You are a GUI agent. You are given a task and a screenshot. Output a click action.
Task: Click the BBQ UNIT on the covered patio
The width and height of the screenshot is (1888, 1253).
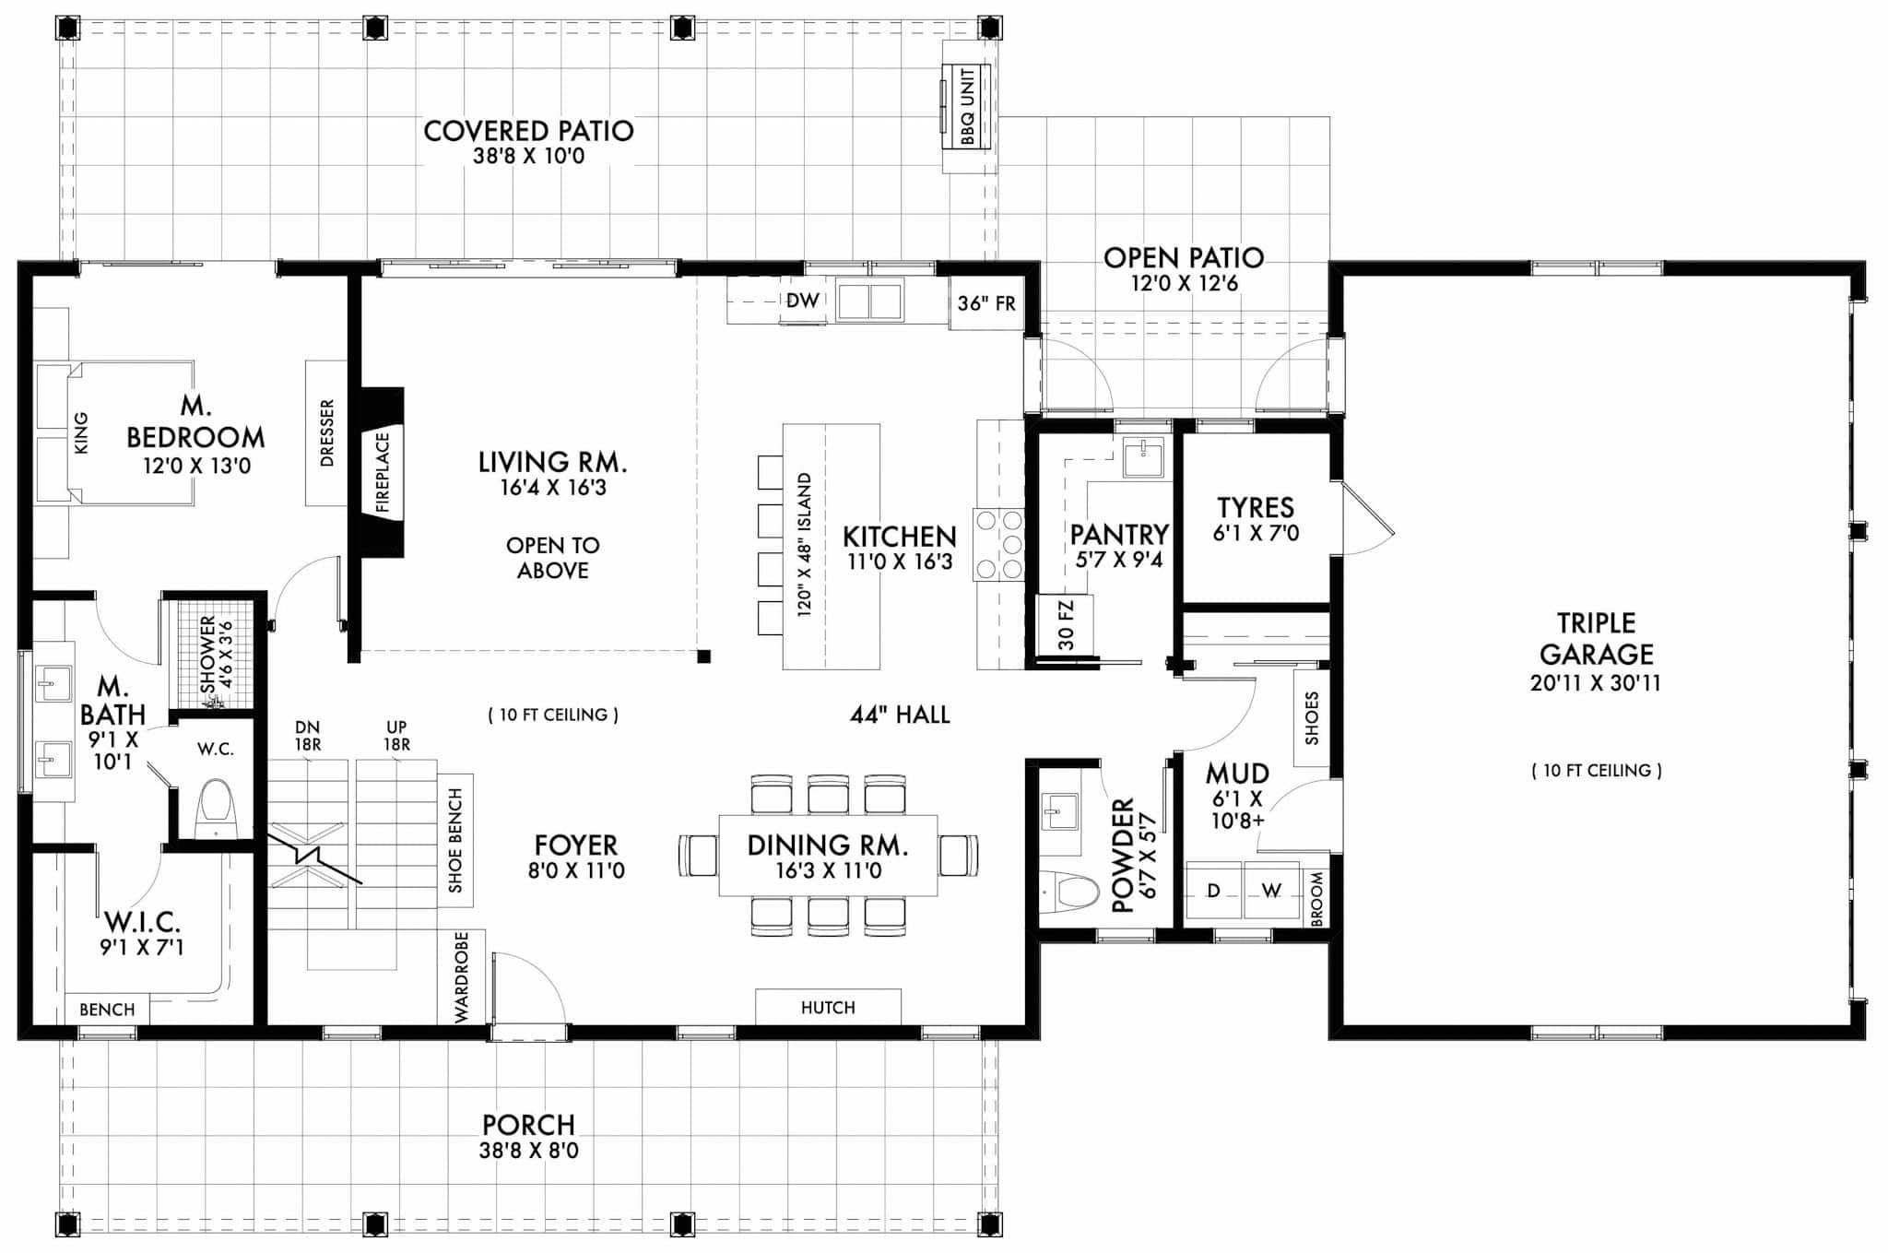pos(966,106)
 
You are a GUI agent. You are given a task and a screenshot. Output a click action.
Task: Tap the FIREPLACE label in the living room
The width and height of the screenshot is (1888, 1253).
pos(383,473)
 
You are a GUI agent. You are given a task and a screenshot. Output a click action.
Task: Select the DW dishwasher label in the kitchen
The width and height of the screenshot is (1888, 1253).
pos(802,301)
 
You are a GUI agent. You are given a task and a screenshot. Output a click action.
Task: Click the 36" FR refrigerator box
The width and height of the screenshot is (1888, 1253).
pos(985,303)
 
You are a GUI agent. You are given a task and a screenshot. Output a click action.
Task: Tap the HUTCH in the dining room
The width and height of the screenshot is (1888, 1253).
pos(827,1007)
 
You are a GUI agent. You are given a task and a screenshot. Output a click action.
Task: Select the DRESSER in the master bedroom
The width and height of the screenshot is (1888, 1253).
pos(326,432)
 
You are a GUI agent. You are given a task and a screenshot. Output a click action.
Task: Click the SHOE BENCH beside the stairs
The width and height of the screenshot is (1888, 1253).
pos(455,840)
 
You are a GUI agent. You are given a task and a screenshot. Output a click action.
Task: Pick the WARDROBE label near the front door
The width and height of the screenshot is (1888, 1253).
pos(462,976)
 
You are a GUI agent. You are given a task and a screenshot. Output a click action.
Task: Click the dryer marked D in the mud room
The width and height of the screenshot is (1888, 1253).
pos(1213,891)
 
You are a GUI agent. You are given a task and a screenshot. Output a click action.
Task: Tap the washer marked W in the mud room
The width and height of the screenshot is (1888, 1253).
pos(1271,891)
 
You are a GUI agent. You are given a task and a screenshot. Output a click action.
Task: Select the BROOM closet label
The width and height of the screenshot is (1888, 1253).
pos(1316,899)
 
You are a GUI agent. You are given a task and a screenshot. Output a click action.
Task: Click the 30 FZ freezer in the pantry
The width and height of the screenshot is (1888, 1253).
pos(1066,625)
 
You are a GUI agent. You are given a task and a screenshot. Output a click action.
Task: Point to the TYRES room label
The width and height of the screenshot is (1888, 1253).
pos(1255,508)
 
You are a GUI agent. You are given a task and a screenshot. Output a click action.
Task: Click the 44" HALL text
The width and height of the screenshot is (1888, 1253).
pos(899,715)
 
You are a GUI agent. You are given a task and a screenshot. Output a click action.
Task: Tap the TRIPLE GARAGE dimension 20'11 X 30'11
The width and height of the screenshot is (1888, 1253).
pos(1595,683)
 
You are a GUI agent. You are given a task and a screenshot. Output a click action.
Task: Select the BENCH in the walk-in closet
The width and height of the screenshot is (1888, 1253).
pos(107,1010)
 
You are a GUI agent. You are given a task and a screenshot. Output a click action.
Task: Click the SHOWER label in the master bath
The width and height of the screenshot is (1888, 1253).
pos(208,655)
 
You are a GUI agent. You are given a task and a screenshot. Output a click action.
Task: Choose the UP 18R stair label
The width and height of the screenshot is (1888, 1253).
pos(396,736)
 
